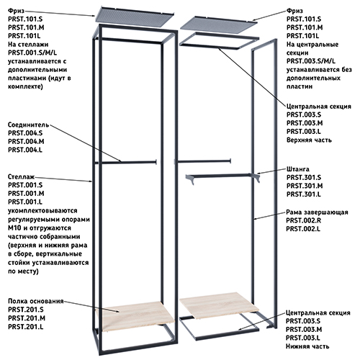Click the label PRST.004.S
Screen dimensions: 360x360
25,133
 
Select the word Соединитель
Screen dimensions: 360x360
29,125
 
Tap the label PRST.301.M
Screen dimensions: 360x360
305,186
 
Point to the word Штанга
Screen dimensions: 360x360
298,169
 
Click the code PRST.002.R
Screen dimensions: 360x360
303,220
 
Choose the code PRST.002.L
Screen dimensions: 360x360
303,229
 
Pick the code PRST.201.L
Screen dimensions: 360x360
26,327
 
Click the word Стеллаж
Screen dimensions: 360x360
21,177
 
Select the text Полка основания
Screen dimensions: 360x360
36,301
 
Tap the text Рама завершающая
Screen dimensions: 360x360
317,212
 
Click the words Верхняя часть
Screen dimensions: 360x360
309,140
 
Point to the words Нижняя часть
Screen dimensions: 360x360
307,346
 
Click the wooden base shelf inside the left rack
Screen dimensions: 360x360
135,316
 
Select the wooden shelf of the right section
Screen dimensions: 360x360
219,305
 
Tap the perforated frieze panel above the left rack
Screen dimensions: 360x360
135,16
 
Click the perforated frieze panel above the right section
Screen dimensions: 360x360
219,23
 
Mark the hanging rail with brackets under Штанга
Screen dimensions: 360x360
222,178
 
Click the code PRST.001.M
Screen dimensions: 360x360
26,194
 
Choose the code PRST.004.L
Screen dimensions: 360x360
25,150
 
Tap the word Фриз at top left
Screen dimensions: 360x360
17,11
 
